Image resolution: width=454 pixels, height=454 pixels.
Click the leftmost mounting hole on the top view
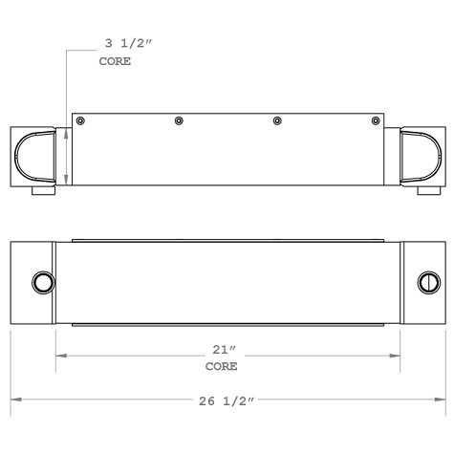80,120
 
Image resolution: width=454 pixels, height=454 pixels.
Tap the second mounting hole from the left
178,120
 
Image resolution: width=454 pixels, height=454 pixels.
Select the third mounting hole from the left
277,120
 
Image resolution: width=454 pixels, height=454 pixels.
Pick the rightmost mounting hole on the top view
375,120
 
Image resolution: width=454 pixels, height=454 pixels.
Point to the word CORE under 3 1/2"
115,60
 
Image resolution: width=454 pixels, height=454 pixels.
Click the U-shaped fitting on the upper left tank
34,156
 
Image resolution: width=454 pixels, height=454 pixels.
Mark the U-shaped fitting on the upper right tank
421,156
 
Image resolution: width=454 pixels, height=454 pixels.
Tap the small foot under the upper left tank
43,192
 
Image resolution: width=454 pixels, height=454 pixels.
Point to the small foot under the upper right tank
415,192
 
